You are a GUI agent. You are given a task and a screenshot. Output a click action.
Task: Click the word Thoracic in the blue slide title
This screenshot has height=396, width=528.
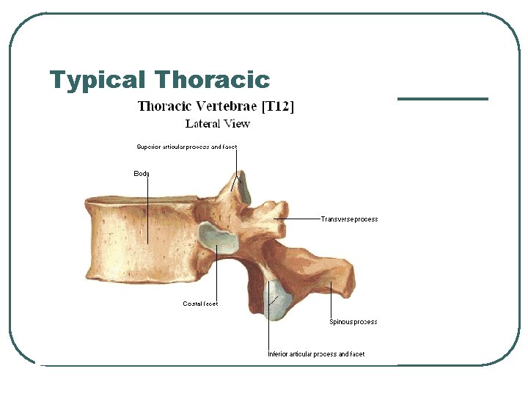click(213, 79)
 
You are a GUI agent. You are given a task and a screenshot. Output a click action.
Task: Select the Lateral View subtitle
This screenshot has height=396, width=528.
click(217, 124)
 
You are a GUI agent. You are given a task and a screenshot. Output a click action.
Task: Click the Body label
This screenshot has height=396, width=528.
click(142, 174)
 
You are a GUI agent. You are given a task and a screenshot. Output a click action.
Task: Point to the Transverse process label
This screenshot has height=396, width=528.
click(349, 219)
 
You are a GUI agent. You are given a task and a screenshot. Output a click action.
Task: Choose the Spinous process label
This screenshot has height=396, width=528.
click(353, 322)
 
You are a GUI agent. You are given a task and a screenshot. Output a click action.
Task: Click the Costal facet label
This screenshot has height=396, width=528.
click(200, 304)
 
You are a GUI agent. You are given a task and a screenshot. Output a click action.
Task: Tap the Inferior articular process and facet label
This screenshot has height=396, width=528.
click(315, 354)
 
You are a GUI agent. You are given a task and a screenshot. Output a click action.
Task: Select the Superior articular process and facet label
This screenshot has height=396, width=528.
click(186, 147)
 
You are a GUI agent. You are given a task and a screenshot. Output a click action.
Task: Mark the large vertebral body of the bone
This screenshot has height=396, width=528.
click(139, 235)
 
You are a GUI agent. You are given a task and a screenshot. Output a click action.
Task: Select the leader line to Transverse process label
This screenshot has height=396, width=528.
click(301, 219)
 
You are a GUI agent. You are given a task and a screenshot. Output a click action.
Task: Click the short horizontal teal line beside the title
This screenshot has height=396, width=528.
click(442, 98)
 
